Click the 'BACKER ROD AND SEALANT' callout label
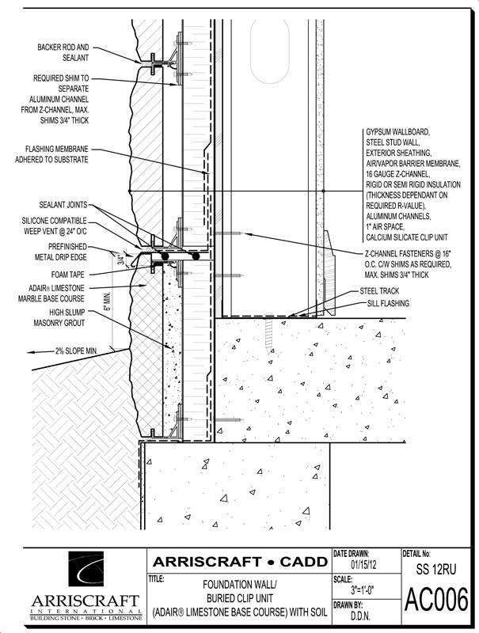61,53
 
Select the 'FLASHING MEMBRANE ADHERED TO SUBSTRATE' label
58,154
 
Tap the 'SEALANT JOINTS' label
66,205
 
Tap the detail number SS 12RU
437,569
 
